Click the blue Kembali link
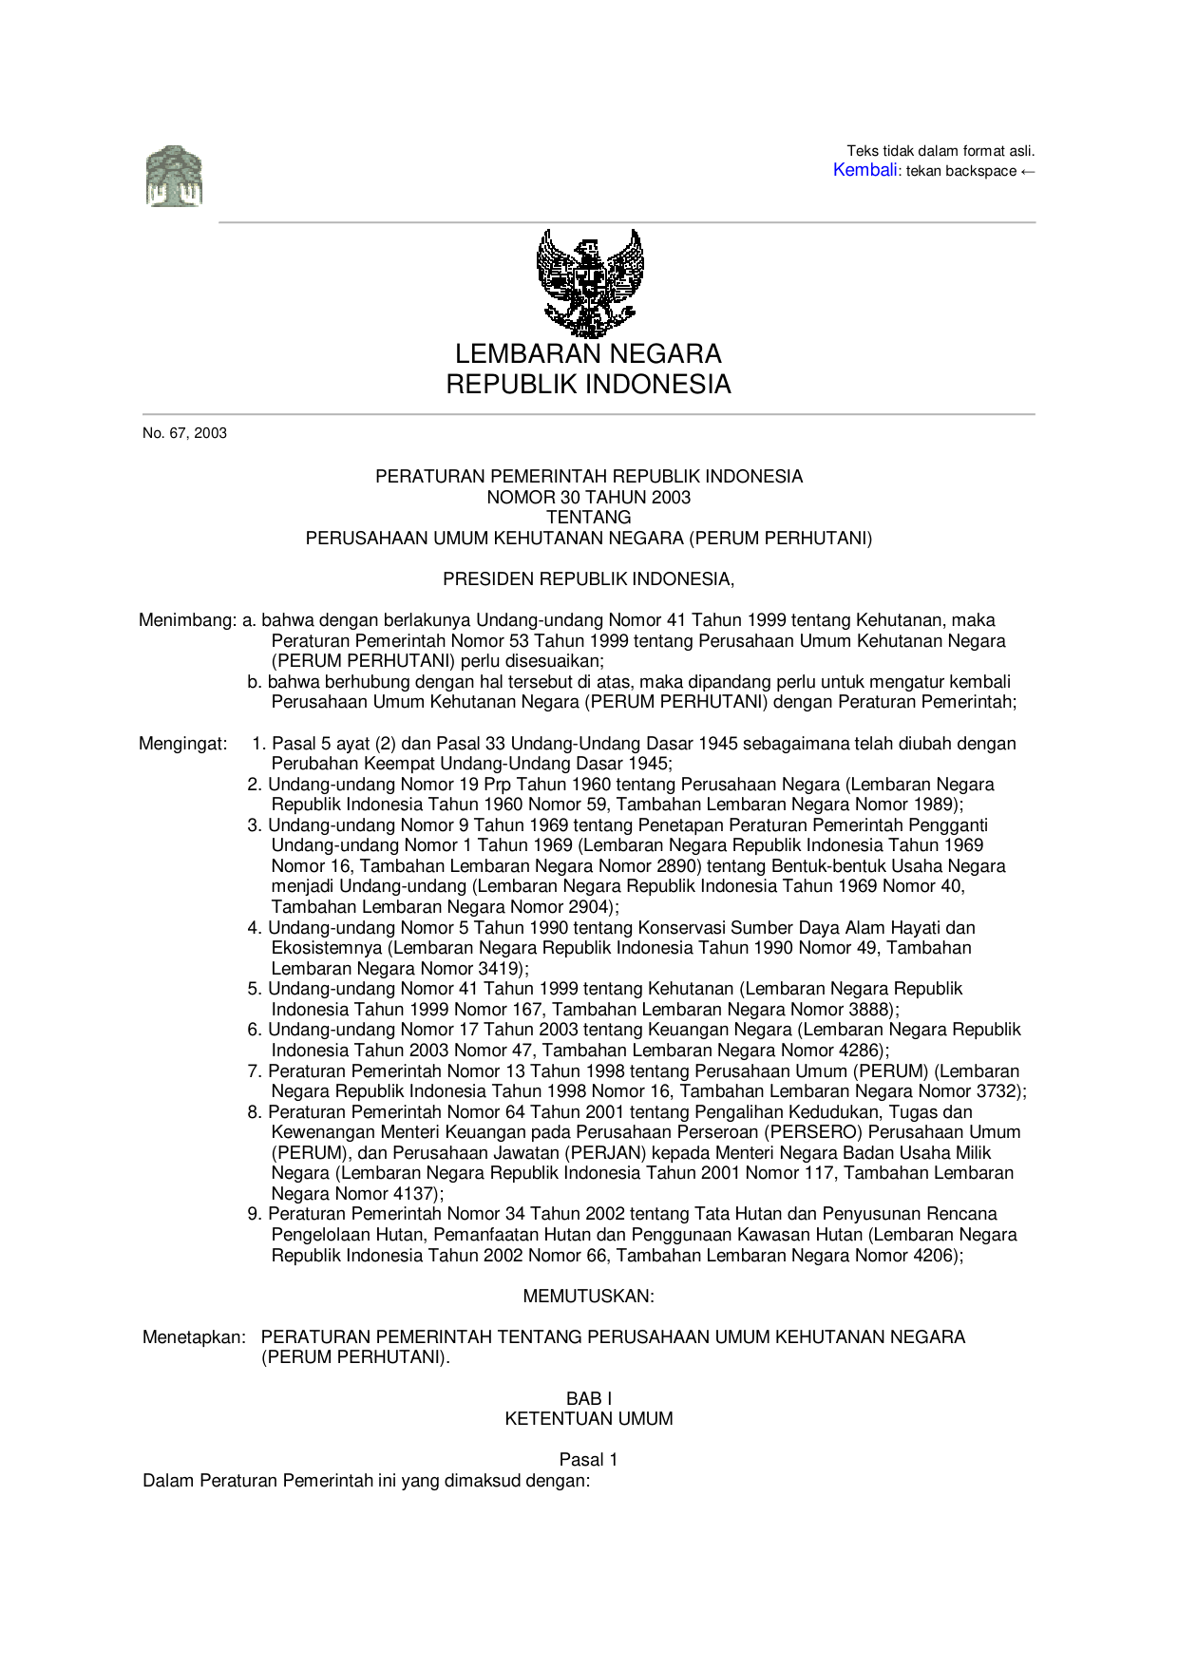864,170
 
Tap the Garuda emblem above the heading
589,282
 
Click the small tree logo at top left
174,177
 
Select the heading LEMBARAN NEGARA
588,354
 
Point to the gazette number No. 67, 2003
184,433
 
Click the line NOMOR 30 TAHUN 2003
588,497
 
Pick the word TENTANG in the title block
588,518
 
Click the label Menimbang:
187,620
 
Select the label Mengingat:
183,744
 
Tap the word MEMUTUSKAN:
588,1297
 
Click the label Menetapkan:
194,1337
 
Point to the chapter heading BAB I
588,1399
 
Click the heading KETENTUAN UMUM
588,1419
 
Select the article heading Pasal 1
588,1460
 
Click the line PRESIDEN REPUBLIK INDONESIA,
588,579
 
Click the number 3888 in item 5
868,1010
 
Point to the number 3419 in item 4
498,969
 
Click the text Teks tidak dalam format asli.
940,151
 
